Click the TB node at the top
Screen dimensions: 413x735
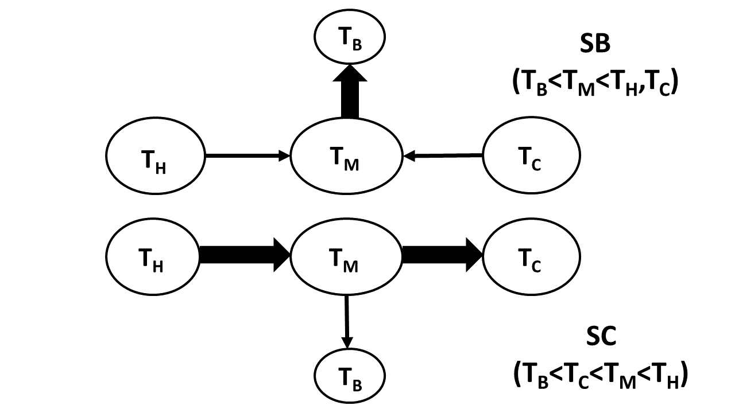pyautogui.click(x=350, y=37)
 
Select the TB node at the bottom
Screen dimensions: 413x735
pyautogui.click(x=350, y=377)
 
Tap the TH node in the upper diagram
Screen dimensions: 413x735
pyautogui.click(x=156, y=155)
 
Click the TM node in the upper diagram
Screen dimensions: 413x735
pyautogui.click(x=346, y=155)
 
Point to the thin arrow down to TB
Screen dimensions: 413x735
pyautogui.click(x=346, y=321)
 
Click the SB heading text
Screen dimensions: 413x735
pyautogui.click(x=595, y=44)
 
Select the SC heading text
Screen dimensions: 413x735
pyautogui.click(x=601, y=337)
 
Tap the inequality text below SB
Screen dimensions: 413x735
pyautogui.click(x=595, y=83)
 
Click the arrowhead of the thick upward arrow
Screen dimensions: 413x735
pyautogui.click(x=350, y=74)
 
